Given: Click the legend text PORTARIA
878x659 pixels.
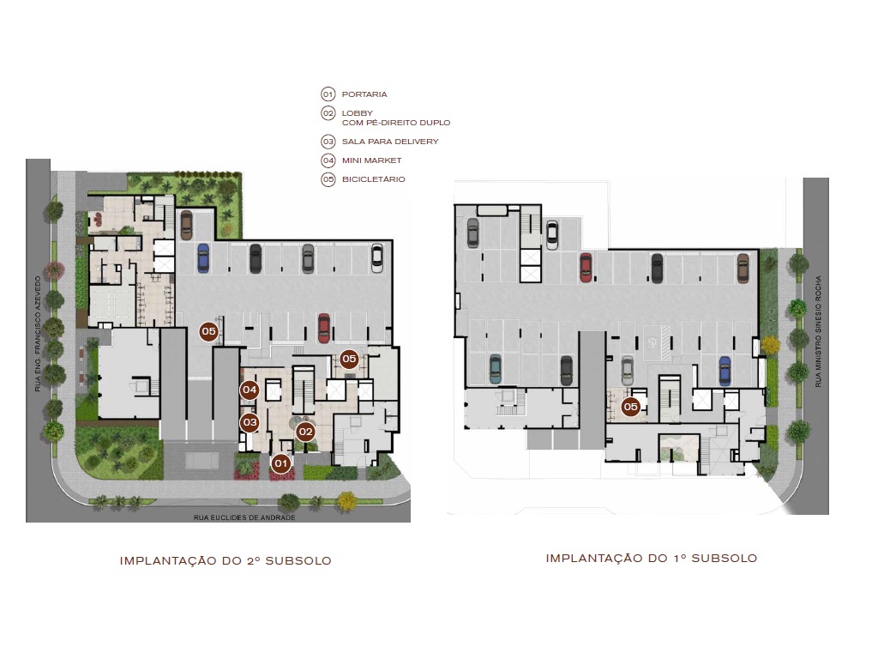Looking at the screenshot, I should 364,94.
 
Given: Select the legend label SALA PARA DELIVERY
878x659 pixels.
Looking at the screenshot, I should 389,142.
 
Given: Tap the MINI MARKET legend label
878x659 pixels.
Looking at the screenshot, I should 371,160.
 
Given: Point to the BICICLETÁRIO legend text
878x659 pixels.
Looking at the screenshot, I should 373,179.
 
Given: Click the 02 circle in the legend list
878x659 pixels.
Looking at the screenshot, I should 328,113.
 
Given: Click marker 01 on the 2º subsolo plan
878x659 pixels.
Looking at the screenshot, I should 280,463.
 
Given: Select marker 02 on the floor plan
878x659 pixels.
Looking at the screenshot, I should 305,432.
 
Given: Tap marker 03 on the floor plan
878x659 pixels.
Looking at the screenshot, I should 250,422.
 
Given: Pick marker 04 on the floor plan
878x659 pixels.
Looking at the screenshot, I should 250,390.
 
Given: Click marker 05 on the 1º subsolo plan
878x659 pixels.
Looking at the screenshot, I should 631,407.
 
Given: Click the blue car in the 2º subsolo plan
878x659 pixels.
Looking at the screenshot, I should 203,257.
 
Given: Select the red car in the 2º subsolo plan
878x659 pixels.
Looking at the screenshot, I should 324,327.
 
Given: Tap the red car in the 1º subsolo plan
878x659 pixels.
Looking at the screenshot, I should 586,267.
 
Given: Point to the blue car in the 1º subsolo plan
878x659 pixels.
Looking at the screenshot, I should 725,371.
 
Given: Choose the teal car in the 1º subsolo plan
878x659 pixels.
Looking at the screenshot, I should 496,369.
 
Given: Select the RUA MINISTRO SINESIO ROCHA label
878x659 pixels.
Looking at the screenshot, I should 819,330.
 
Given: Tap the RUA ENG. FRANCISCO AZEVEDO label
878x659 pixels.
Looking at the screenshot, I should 38,334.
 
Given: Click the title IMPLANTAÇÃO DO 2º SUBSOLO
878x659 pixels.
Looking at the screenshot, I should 226,560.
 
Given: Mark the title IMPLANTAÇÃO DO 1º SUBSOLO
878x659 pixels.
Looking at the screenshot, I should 651,558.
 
